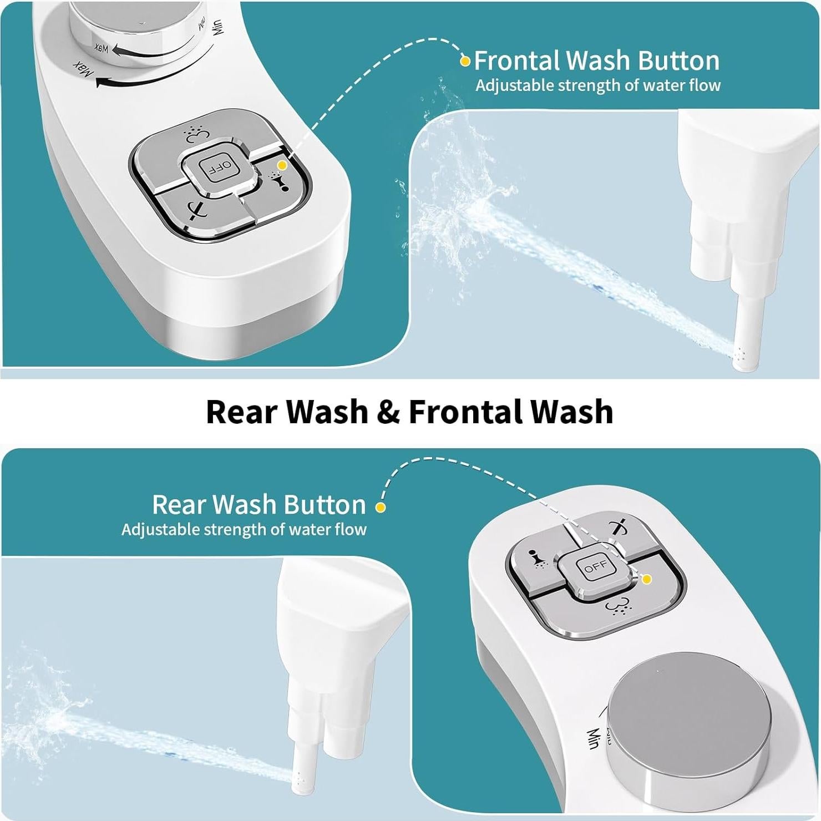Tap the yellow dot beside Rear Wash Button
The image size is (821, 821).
click(x=381, y=506)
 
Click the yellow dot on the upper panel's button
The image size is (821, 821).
click(x=282, y=165)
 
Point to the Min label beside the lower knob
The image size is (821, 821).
click(x=592, y=738)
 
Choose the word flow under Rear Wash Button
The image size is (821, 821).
click(x=352, y=529)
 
